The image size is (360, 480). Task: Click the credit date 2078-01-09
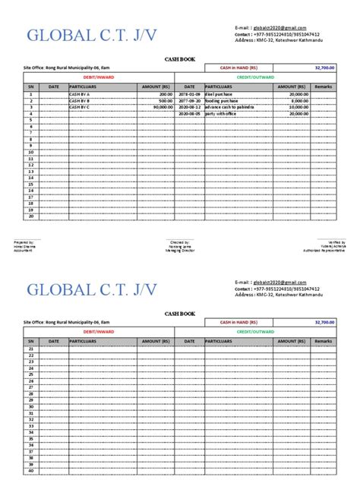(191, 94)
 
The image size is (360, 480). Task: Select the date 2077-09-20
(191, 100)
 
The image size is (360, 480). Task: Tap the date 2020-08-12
(191, 107)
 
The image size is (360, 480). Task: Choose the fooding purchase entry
(225, 100)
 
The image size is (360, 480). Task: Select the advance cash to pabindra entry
(232, 107)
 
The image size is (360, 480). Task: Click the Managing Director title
(179, 249)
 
